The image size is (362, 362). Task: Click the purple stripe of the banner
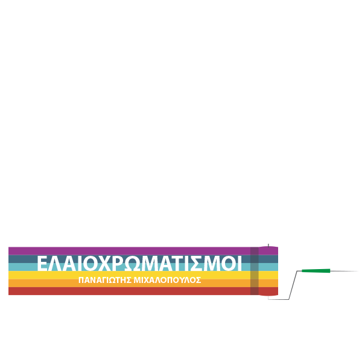click(x=143, y=251)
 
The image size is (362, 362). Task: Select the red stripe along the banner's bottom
click(x=143, y=291)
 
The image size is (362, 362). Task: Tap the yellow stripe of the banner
click(x=143, y=275)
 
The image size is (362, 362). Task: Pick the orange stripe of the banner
click(x=143, y=283)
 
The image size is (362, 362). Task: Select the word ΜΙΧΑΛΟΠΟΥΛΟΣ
click(x=167, y=280)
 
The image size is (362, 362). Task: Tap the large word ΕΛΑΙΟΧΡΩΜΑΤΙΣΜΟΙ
click(x=139, y=263)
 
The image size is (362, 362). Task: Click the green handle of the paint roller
click(x=316, y=270)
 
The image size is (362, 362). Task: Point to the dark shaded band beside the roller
click(x=255, y=271)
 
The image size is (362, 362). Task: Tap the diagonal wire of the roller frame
click(x=293, y=285)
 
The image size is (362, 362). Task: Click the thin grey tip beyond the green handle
click(x=344, y=271)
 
